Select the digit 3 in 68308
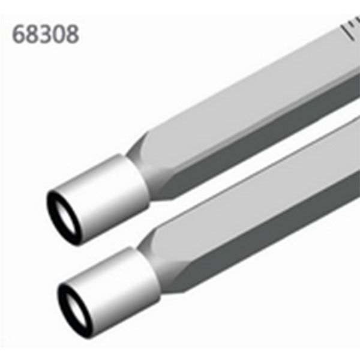click(46, 34)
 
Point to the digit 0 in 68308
click(59, 34)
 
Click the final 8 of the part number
click(72, 34)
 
